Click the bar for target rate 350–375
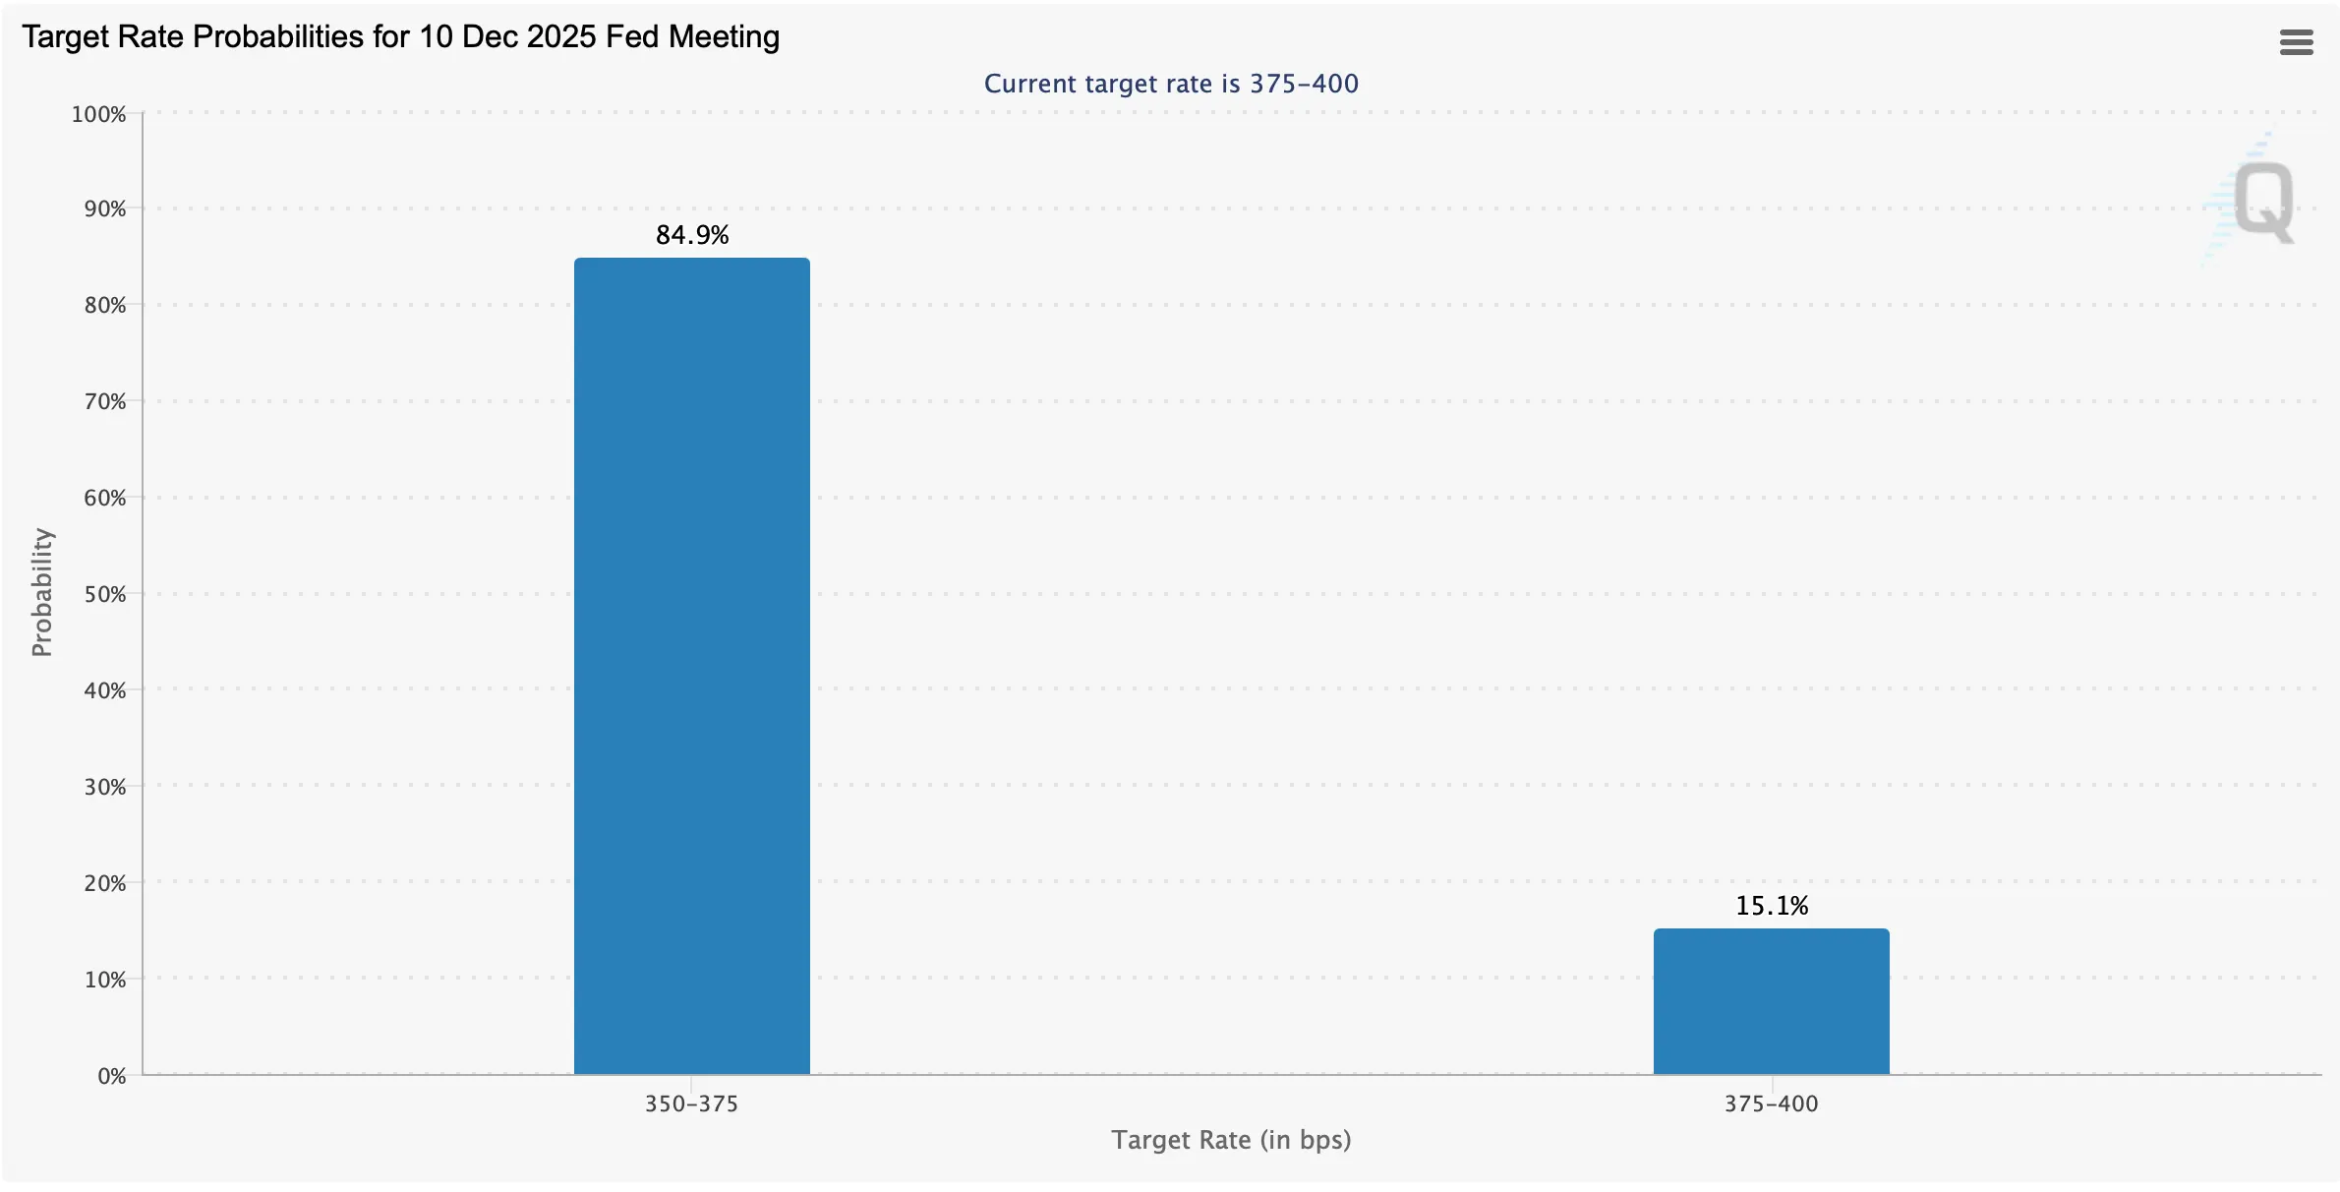691,665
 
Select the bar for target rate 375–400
1771,1001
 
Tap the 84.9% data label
692,235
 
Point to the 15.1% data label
1772,906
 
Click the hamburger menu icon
2296,42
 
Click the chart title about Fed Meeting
400,36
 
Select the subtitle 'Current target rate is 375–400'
1171,84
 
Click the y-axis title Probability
41,592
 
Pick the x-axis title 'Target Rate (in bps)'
1231,1140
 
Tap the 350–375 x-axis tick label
691,1103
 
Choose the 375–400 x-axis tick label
1771,1103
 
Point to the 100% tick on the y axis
98,114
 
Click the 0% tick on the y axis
111,1076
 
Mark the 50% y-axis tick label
104,594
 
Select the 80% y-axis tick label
104,305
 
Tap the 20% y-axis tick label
104,883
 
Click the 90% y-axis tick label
104,209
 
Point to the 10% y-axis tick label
104,980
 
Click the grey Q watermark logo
2262,202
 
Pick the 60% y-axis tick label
104,498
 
